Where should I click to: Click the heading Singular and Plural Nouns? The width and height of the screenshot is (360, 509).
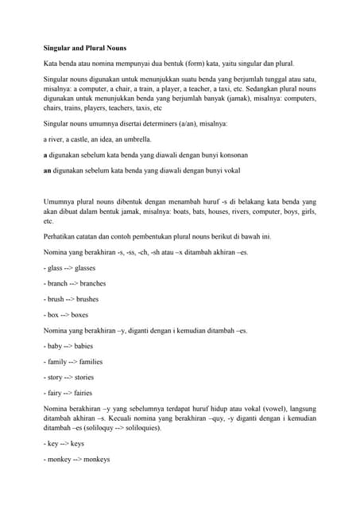[83, 48]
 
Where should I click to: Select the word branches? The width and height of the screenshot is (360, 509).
[91, 283]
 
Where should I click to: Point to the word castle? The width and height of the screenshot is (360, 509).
[78, 139]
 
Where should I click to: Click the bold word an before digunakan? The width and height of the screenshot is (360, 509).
[47, 169]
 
